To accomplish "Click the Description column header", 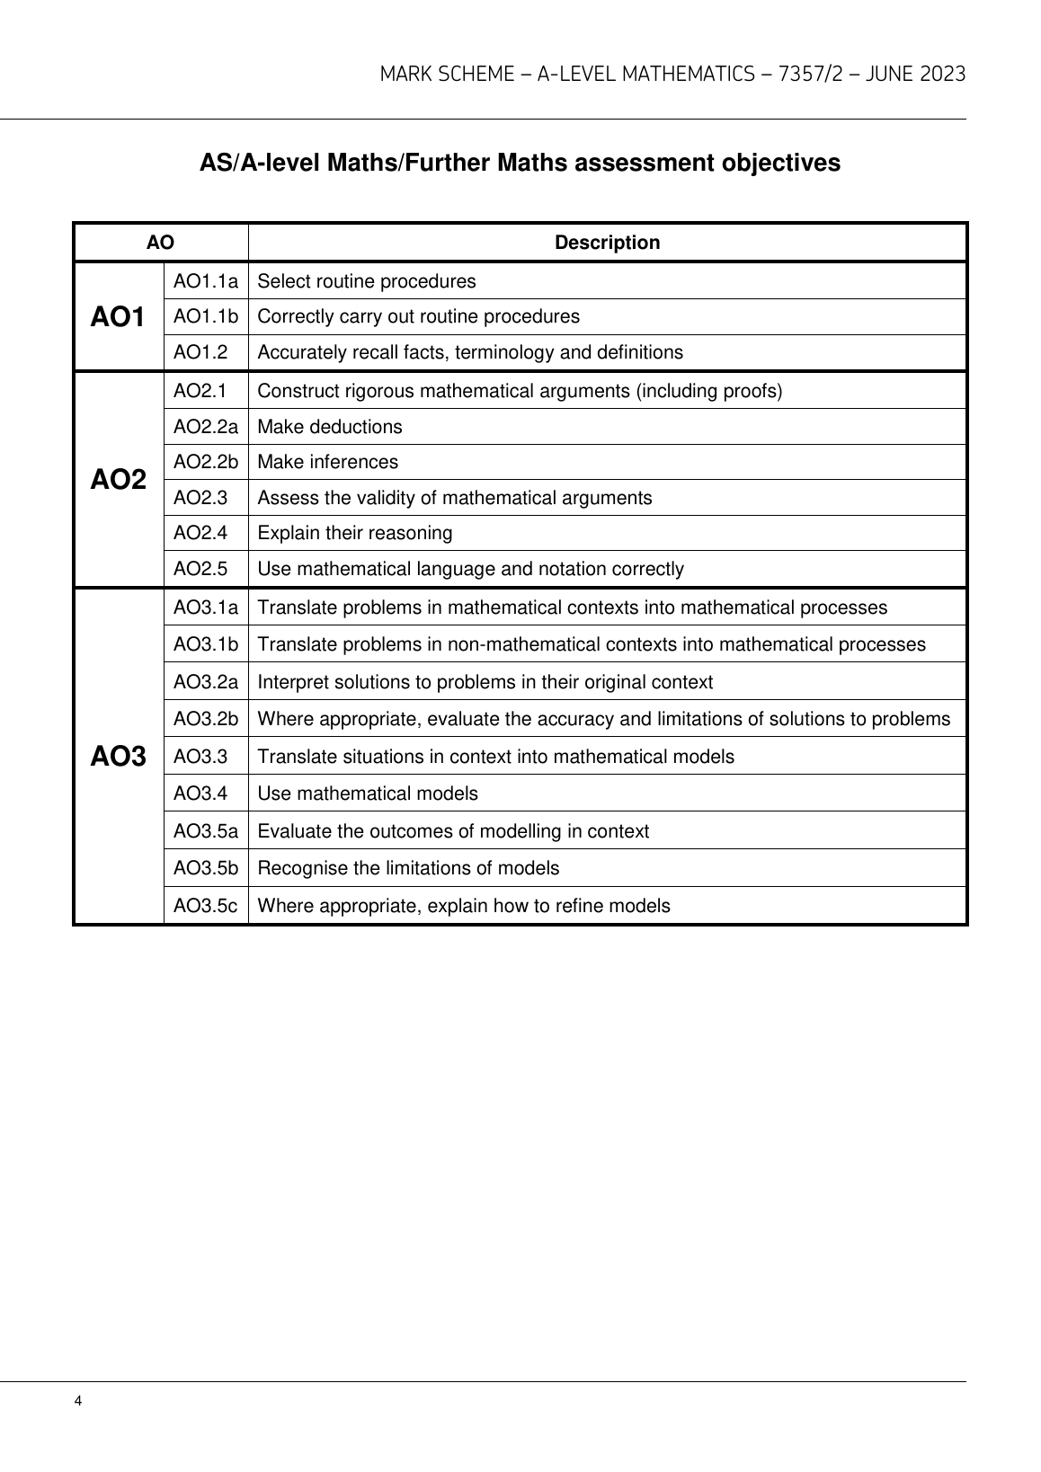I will coord(607,243).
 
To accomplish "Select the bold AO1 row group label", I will coord(118,317).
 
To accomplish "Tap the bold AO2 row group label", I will coord(118,480).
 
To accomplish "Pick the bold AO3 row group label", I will coord(118,757).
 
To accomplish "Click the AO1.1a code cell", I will coord(206,281).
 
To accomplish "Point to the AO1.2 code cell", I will coord(200,352).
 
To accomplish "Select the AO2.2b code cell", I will coord(206,462).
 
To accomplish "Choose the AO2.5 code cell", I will coord(200,569).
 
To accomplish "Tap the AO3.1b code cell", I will coord(206,644).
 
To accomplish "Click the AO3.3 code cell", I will coord(200,757).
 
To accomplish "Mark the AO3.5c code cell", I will coord(206,906).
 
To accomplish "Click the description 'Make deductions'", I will coord(330,427).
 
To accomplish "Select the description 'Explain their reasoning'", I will coord(355,533).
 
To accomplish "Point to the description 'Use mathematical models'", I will coord(368,794).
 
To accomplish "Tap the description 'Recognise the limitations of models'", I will coord(408,868).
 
